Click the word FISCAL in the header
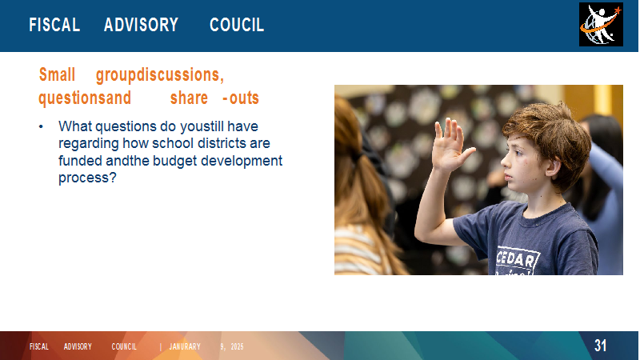54,25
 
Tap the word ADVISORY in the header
142,25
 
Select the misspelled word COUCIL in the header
237,25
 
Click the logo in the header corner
601,25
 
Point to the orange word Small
57,74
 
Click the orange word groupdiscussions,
160,75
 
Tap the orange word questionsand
85,98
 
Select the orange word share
189,98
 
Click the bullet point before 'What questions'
41,126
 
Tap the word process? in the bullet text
87,178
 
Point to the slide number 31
600,346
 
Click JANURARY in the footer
185,346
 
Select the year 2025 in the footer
237,346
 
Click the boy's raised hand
450,144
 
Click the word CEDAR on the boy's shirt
518,258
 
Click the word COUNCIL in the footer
124,346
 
